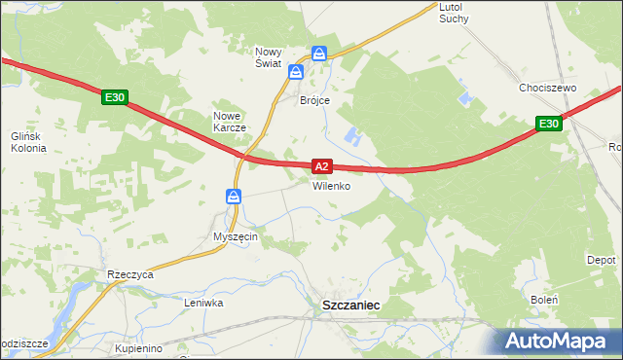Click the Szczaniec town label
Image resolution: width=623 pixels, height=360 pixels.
pyautogui.click(x=350, y=305)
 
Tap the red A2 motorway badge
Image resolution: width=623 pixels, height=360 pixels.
pyautogui.click(x=324, y=167)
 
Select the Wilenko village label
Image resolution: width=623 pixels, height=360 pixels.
pyautogui.click(x=331, y=186)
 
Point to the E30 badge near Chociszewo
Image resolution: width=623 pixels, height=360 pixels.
pyautogui.click(x=549, y=124)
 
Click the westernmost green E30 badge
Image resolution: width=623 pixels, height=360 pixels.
pyautogui.click(x=115, y=97)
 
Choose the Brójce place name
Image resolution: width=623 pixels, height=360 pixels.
pyautogui.click(x=314, y=100)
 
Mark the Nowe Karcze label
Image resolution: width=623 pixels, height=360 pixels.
pyautogui.click(x=232, y=122)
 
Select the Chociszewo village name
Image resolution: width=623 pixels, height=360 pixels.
pyautogui.click(x=548, y=88)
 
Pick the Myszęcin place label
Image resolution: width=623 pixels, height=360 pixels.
pyautogui.click(x=235, y=236)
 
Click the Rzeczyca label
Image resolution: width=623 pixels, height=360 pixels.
pyautogui.click(x=131, y=274)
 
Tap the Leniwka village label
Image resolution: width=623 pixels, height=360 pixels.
pyautogui.click(x=204, y=303)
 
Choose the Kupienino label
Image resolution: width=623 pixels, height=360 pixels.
pyautogui.click(x=137, y=347)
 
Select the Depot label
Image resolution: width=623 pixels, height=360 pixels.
pyautogui.click(x=601, y=261)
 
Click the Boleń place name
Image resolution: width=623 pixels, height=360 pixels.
pyautogui.click(x=544, y=300)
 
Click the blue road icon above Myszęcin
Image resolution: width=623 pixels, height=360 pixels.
pyautogui.click(x=235, y=198)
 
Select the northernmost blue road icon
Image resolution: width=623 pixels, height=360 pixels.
pyautogui.click(x=319, y=54)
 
